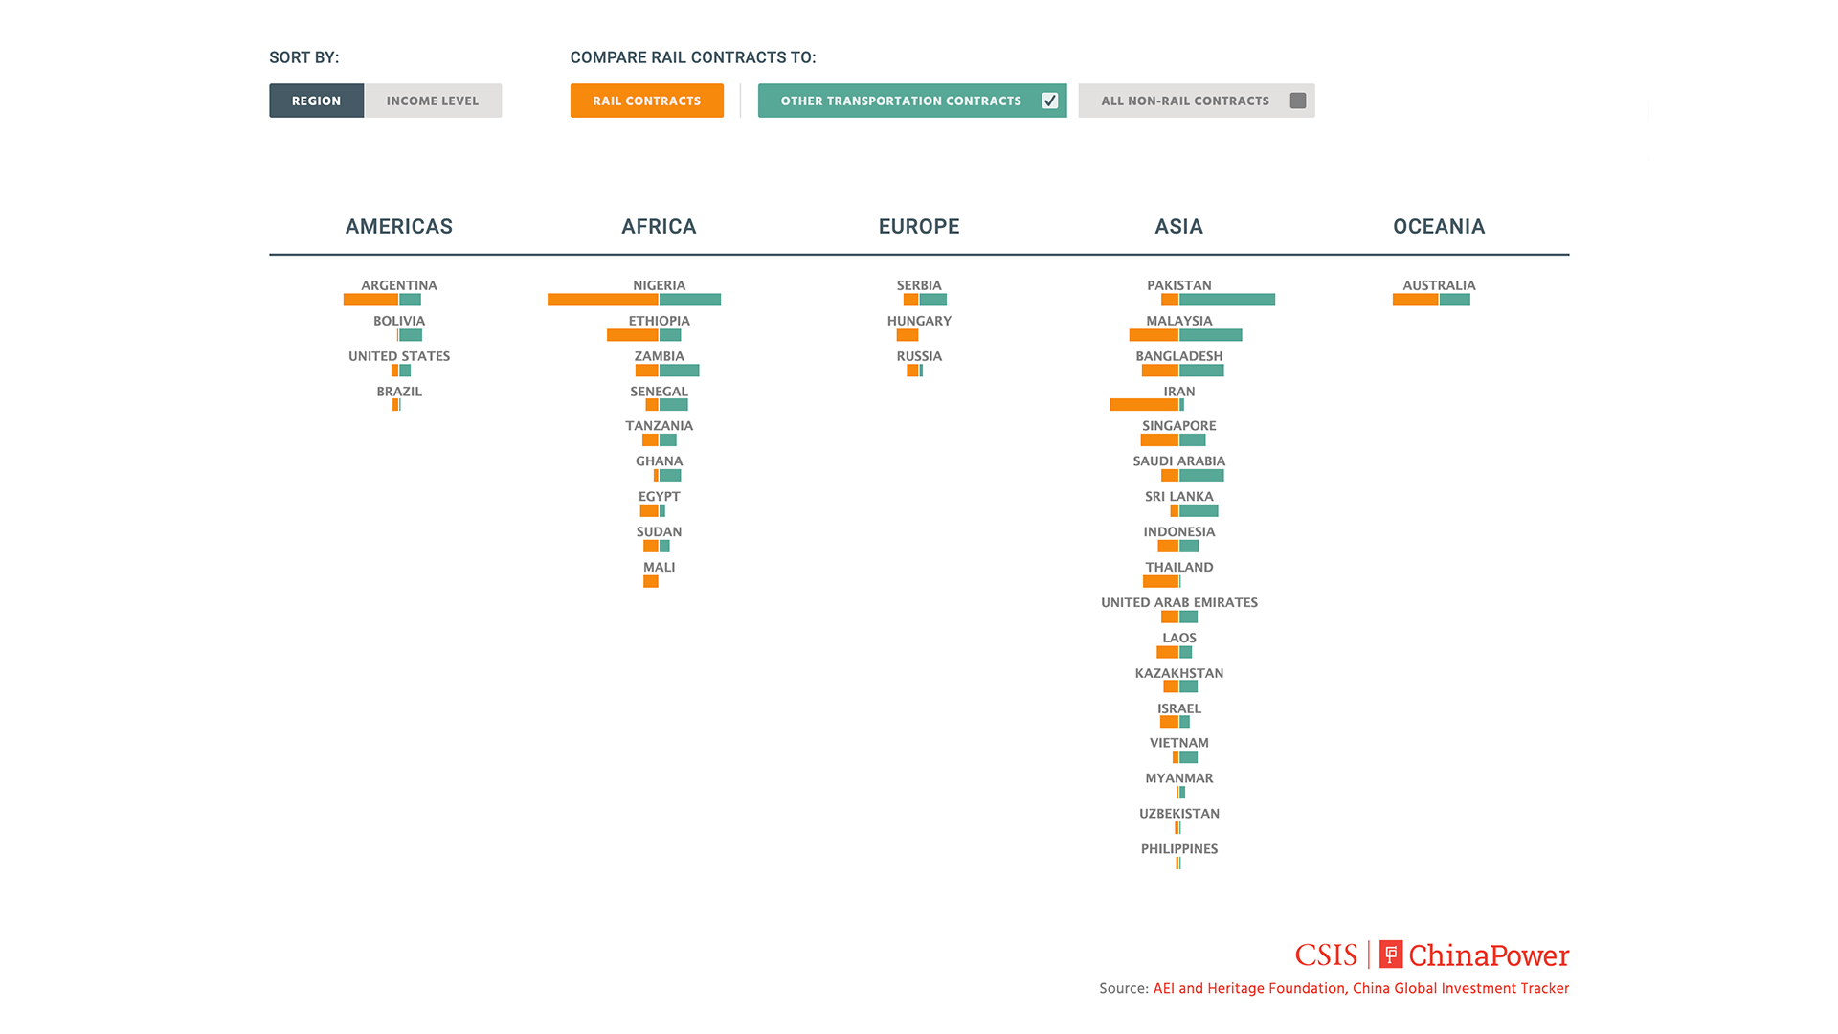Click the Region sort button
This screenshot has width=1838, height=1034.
click(x=316, y=101)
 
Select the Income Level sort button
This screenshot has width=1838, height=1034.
click(x=433, y=101)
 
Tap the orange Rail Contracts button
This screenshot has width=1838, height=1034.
click(x=646, y=101)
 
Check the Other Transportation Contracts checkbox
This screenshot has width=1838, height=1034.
click(x=1050, y=101)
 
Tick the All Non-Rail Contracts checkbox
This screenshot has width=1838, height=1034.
click(x=1298, y=101)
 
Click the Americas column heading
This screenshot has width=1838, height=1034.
click(x=398, y=227)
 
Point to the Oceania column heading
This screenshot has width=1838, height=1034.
click(x=1439, y=227)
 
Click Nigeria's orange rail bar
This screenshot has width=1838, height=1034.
click(x=602, y=300)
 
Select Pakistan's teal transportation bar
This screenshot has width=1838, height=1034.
click(x=1227, y=300)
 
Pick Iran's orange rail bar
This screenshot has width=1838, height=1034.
click(x=1144, y=405)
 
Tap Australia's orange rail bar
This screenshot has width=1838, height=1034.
click(x=1415, y=300)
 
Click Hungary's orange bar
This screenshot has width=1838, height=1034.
click(x=908, y=335)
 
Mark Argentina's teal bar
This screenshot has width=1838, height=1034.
click(x=411, y=300)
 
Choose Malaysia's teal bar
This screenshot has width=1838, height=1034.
click(x=1211, y=335)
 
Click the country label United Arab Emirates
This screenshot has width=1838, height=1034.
click(x=1179, y=602)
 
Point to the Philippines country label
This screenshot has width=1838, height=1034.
click(x=1179, y=849)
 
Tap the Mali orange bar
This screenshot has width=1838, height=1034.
click(x=651, y=581)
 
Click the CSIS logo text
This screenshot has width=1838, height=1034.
click(x=1326, y=955)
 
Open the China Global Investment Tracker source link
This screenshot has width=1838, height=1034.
click(x=1360, y=988)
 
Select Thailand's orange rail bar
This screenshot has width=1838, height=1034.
click(x=1160, y=581)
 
